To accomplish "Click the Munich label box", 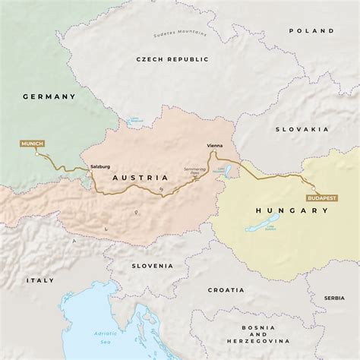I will (33, 144).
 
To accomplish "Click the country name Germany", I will (49, 97).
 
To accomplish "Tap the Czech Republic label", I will (170, 58).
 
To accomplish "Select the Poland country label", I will (311, 31).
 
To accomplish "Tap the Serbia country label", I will (333, 298).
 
